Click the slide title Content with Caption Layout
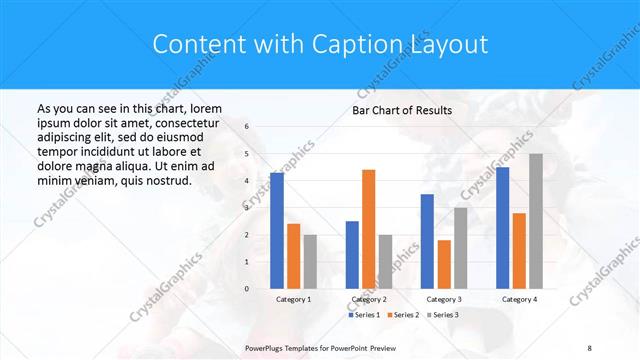[320, 44]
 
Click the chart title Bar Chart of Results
[401, 110]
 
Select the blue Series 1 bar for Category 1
[277, 231]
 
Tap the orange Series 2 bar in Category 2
[368, 229]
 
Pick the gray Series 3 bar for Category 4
[536, 221]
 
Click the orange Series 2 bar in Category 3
[444, 264]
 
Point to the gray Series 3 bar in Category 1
[310, 262]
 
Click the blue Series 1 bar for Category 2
[352, 255]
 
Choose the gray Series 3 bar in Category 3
[460, 248]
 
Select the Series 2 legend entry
[401, 315]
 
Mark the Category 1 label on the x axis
[294, 299]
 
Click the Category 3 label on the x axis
[444, 299]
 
